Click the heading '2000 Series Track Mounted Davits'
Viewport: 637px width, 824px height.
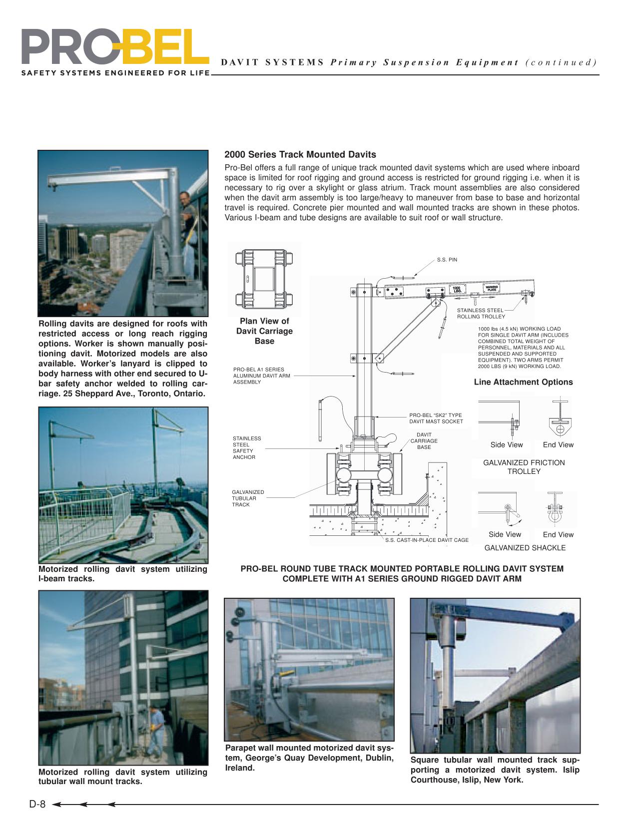[x=300, y=155]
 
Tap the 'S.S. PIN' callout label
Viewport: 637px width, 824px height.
[x=447, y=260]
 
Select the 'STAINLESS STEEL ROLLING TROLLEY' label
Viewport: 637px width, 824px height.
[x=481, y=313]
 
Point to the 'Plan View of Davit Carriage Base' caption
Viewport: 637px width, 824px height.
[x=264, y=331]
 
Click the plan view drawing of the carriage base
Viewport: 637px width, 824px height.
[x=264, y=278]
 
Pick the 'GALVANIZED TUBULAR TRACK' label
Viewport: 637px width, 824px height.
[x=248, y=498]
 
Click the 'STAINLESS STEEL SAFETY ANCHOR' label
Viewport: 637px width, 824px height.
[x=246, y=447]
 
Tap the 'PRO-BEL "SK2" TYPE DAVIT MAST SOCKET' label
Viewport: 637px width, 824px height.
[x=436, y=418]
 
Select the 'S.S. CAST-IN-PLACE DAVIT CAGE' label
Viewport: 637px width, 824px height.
[x=427, y=540]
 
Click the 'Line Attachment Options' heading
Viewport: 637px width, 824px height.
[x=523, y=382]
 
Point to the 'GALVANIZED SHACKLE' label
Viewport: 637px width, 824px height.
[x=525, y=548]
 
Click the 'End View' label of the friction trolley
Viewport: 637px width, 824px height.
[x=558, y=444]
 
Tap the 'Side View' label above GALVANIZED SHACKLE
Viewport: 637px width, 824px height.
[x=505, y=534]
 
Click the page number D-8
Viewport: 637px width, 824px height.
[x=37, y=805]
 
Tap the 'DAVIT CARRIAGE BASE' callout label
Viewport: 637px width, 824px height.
[x=424, y=441]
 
